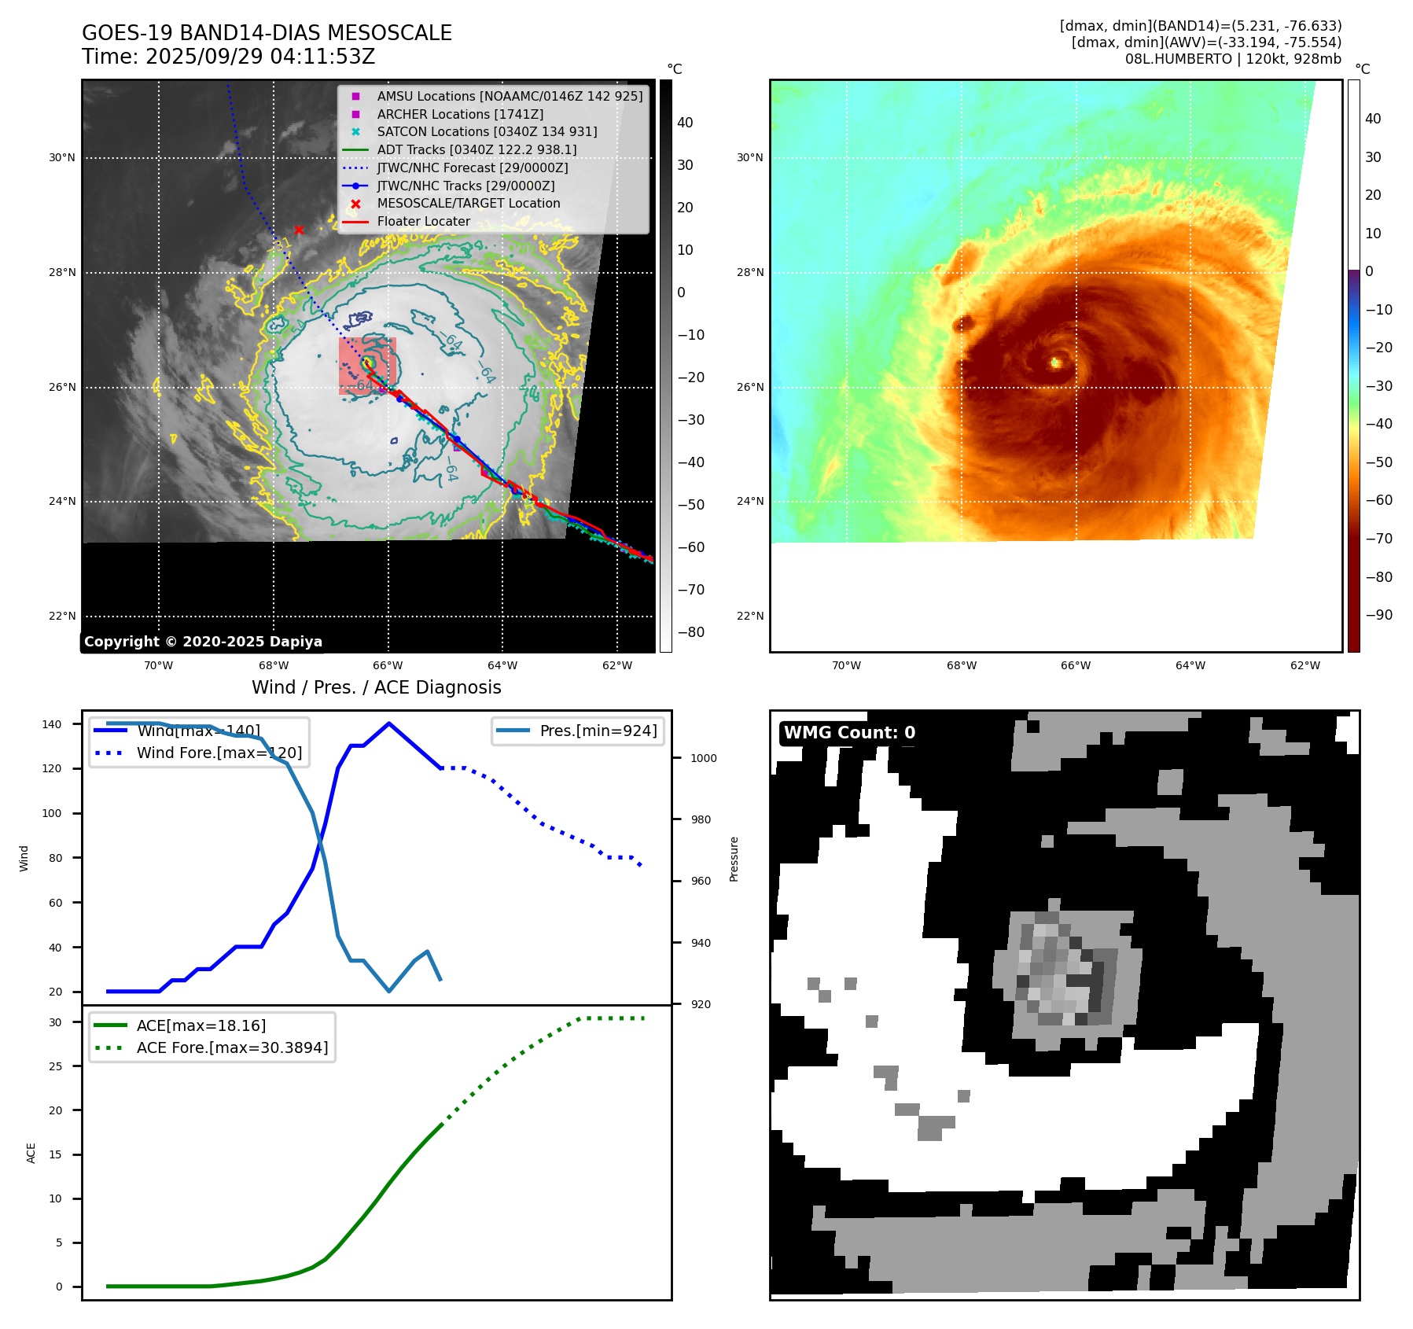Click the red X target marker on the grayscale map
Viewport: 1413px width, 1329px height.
[x=299, y=230]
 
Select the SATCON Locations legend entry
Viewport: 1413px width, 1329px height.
[x=487, y=132]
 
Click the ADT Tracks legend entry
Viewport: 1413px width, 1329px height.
[x=477, y=149]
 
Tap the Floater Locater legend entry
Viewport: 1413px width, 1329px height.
[x=423, y=222]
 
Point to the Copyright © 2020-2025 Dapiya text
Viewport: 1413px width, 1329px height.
[x=203, y=642]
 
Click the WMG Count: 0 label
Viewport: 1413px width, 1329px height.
[x=849, y=733]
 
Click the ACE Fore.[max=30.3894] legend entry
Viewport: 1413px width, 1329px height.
[x=232, y=1047]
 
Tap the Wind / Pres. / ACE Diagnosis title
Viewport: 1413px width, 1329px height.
[x=376, y=687]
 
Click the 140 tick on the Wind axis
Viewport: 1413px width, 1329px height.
[x=52, y=724]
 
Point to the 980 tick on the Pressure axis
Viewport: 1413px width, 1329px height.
[x=701, y=819]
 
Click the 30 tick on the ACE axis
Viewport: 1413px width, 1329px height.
[x=56, y=1022]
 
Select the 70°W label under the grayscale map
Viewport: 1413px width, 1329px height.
[x=158, y=665]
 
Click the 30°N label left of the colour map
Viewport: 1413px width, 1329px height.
[x=750, y=157]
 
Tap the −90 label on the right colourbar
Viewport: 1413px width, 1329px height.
[x=1378, y=615]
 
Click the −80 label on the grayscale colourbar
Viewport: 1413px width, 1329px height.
[x=691, y=632]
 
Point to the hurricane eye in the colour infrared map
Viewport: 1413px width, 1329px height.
[x=1055, y=363]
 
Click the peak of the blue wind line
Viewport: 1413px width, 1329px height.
[x=389, y=723]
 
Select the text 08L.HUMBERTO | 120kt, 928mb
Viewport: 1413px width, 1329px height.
[x=1233, y=59]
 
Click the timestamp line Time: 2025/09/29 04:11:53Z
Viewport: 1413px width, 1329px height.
[x=228, y=57]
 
